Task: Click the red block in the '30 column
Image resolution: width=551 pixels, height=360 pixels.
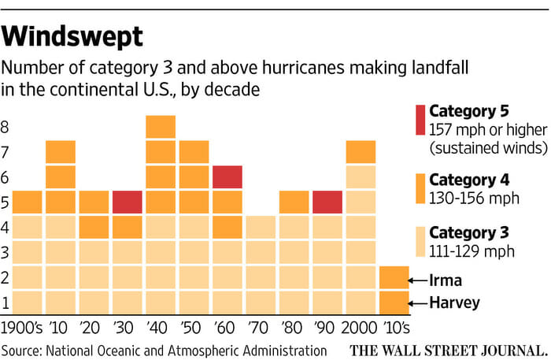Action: tap(128, 202)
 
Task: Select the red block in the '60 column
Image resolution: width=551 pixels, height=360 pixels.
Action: tap(227, 177)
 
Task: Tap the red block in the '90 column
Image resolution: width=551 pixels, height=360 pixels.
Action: tap(327, 202)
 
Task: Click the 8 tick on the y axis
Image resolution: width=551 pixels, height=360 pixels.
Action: tap(6, 128)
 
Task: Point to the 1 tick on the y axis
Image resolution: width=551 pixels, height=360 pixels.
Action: tap(6, 302)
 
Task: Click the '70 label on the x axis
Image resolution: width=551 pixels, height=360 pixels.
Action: tap(260, 325)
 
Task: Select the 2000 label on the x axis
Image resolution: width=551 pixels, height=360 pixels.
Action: tap(360, 325)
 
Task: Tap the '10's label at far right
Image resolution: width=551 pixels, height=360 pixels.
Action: tap(394, 325)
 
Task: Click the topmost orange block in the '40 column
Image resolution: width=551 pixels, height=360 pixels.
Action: tap(161, 127)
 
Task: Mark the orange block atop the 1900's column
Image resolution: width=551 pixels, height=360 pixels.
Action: tap(28, 202)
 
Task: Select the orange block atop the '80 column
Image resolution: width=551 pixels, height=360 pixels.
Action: tap(294, 202)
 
